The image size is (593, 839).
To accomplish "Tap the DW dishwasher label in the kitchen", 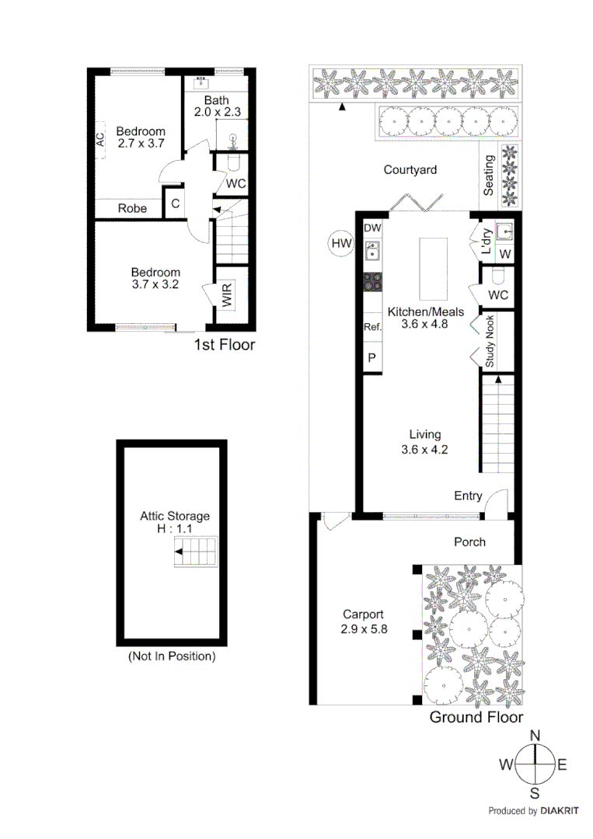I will coord(372,228).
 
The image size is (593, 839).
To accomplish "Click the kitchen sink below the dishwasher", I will coord(372,251).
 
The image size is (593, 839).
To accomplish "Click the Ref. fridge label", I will coord(372,328).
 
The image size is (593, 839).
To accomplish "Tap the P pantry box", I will coord(372,358).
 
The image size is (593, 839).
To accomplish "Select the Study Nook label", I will coord(490,343).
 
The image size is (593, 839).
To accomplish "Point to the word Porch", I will coord(469,542).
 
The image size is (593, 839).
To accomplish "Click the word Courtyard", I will coord(410,170).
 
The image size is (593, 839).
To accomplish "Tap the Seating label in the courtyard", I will coord(489,177).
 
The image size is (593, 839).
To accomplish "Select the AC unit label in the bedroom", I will coord(100,141).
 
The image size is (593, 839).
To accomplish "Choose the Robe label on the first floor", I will coord(132,208).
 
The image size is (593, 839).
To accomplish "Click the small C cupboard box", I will coord(175,204).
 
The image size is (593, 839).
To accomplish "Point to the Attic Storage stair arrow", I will coord(179,552).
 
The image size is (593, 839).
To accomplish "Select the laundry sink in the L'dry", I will coord(504,232).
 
